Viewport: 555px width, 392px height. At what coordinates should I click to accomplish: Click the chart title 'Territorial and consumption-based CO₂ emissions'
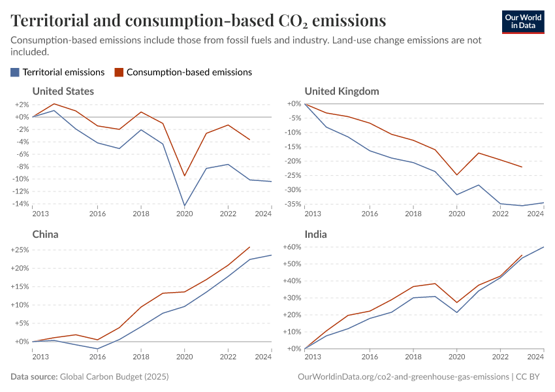(x=198, y=20)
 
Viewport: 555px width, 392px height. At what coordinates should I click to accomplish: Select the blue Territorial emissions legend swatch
(x=15, y=73)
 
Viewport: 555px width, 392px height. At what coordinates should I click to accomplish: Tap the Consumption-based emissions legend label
(x=189, y=73)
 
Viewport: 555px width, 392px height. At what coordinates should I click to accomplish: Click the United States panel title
(x=63, y=91)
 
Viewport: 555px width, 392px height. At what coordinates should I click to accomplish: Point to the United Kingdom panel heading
(x=341, y=91)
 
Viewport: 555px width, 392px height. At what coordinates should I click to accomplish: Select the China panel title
(x=46, y=234)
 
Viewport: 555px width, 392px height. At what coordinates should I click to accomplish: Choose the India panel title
(x=316, y=234)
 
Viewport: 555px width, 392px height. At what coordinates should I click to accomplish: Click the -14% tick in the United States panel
(x=20, y=204)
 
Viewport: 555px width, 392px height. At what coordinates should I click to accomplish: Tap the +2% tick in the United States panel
(x=22, y=105)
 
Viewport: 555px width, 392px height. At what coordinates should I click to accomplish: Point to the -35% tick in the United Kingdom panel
(x=293, y=204)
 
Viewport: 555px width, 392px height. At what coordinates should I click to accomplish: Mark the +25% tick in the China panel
(x=19, y=250)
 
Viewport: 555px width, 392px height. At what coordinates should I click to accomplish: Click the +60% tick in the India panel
(x=291, y=248)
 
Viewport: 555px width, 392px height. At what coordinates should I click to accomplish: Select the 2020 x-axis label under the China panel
(x=184, y=357)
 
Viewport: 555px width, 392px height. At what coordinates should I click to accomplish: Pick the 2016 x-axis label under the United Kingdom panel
(x=370, y=214)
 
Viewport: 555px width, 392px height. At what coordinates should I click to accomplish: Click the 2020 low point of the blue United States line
(x=184, y=206)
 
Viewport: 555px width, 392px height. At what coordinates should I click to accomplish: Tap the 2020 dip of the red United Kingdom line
(x=456, y=175)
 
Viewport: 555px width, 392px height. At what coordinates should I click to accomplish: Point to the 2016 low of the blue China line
(x=97, y=349)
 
